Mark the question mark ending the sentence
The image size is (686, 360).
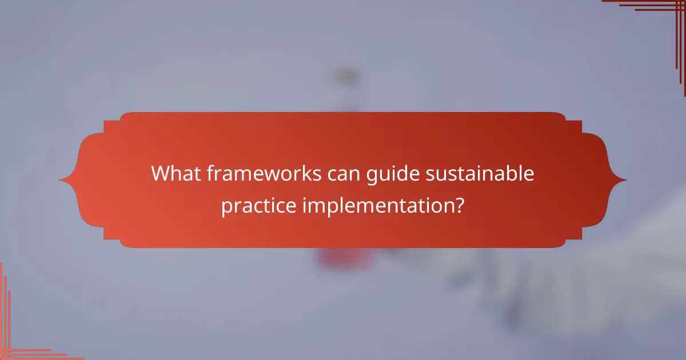click(x=458, y=204)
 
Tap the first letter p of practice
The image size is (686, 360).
click(x=226, y=206)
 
